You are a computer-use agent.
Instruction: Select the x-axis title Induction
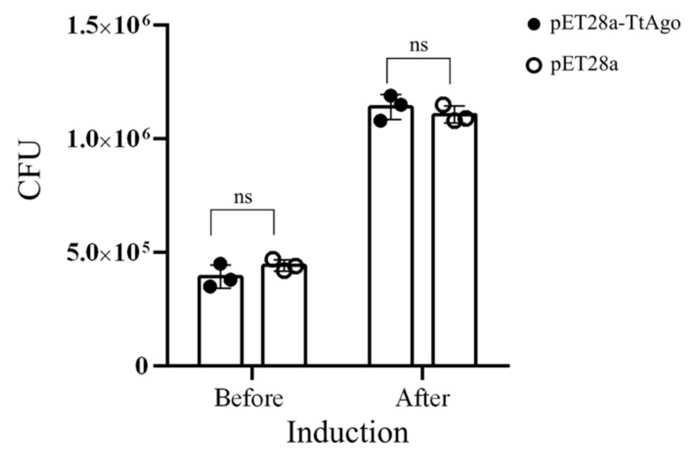[348, 433]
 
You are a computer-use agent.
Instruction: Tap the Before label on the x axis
[249, 398]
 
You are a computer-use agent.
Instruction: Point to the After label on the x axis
[422, 398]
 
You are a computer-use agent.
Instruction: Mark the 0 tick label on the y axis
[142, 366]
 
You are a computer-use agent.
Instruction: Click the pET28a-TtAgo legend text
[615, 24]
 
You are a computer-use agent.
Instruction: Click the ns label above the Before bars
[243, 197]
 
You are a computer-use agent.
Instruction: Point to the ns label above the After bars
[419, 46]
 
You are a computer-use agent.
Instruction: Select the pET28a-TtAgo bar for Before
[221, 323]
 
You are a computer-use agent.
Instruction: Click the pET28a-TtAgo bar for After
[391, 237]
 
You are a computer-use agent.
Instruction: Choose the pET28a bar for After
[454, 240]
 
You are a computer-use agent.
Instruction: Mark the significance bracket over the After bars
[419, 58]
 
